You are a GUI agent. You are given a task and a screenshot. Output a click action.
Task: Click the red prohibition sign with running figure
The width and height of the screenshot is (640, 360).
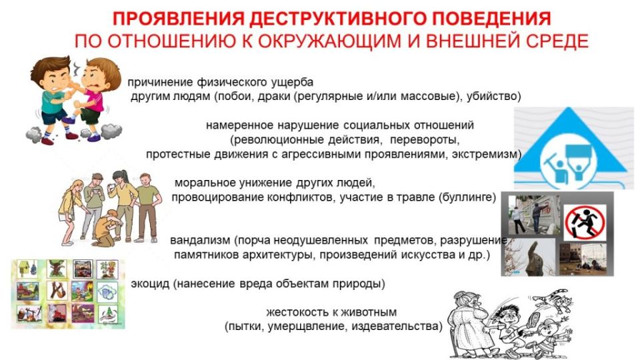[584, 223]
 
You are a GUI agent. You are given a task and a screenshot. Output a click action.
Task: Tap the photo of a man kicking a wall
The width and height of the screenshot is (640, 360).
[529, 213]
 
